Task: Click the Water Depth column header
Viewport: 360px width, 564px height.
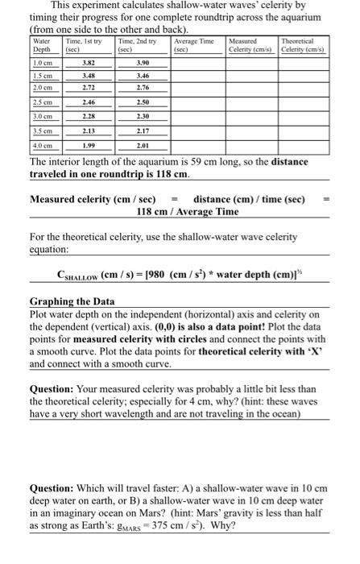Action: (x=43, y=44)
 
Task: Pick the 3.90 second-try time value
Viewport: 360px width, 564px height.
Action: (x=143, y=61)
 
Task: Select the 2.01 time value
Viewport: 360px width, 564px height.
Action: (x=143, y=145)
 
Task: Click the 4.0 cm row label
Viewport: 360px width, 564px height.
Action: (x=43, y=145)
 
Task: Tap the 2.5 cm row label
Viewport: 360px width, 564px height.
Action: (x=43, y=103)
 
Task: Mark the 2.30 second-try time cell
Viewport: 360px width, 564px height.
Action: (x=143, y=117)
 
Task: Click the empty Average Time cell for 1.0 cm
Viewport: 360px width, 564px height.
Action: (x=197, y=61)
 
